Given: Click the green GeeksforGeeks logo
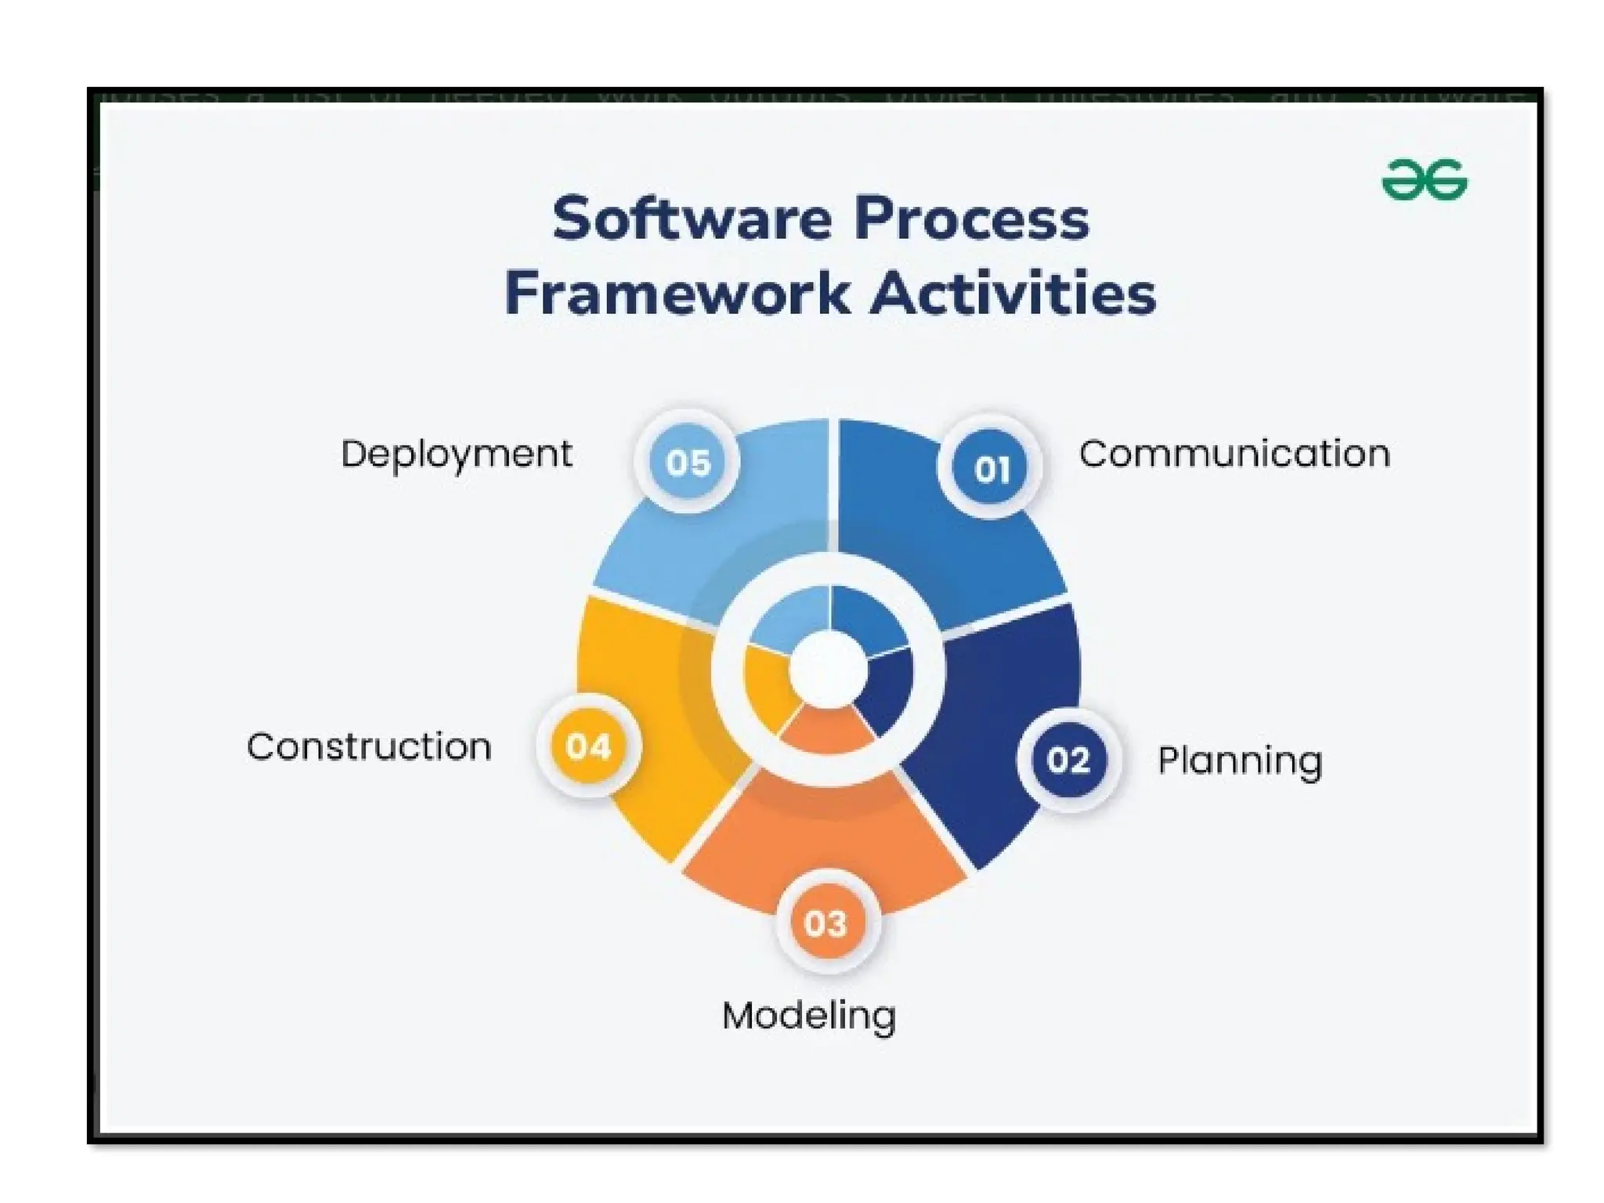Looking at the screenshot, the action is click(x=1424, y=180).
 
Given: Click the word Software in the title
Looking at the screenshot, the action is click(x=692, y=219).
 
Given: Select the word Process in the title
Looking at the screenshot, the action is click(x=971, y=219).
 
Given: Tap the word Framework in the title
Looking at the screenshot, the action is click(x=677, y=294).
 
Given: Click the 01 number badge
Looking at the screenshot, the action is click(x=992, y=468).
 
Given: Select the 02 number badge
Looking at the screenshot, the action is click(x=1068, y=760).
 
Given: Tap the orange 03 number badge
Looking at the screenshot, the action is click(x=825, y=923).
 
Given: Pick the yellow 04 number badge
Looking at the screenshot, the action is click(x=588, y=746).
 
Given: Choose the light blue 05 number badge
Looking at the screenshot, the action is click(x=688, y=462).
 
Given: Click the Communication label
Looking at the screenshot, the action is click(x=1234, y=454).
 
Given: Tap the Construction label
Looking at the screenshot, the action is click(x=369, y=747).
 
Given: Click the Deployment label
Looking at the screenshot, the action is click(x=457, y=454).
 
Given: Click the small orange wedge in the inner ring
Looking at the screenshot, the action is click(x=827, y=730).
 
